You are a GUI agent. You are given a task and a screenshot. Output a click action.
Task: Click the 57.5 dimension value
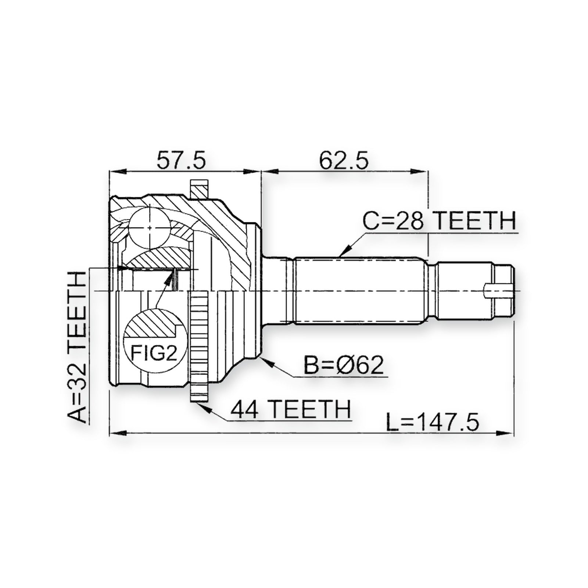pos(182,161)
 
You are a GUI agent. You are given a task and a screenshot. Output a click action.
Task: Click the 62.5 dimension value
pos(344,161)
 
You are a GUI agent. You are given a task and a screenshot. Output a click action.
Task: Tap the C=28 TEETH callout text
pos(440,221)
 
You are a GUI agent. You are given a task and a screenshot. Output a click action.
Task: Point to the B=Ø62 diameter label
pos(344,365)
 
